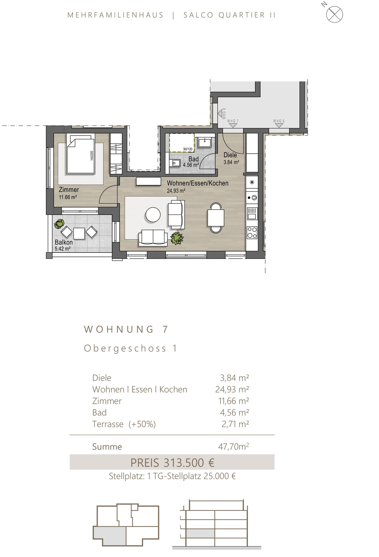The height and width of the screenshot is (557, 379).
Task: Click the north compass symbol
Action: (334, 15)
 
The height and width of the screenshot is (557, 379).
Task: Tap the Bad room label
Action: (193, 159)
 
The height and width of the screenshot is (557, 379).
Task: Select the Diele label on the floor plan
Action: (230, 155)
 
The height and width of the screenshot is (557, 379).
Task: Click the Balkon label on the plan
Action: (64, 242)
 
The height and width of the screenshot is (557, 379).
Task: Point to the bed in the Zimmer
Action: (81, 154)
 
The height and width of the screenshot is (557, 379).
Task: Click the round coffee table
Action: (153, 215)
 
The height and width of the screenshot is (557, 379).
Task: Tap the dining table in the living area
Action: (216, 218)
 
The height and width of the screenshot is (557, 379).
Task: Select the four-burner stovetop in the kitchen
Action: (252, 232)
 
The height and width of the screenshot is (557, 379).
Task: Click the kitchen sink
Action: (252, 213)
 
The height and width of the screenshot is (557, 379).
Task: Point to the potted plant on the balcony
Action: (59, 224)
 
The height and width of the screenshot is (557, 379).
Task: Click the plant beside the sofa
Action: (177, 238)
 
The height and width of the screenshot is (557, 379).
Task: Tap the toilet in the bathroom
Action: (174, 163)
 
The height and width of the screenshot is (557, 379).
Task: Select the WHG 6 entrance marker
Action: (279, 124)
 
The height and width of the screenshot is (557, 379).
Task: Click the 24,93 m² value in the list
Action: (232, 389)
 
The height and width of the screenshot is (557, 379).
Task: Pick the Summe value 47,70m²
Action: (233, 446)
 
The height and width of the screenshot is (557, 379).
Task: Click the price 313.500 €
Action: (189, 463)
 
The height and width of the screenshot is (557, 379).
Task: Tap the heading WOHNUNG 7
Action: (126, 329)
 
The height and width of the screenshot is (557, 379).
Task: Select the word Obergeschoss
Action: (125, 348)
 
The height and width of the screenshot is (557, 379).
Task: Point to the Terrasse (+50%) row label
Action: (124, 424)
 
